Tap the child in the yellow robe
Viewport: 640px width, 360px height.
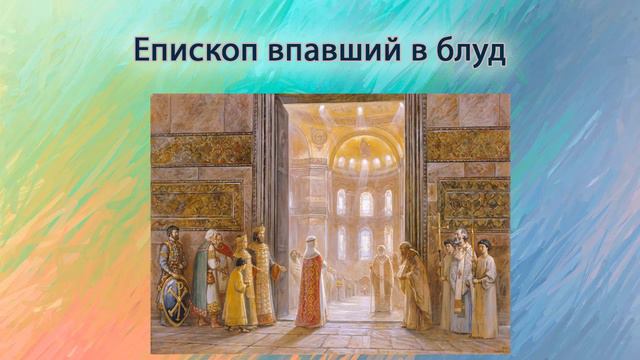[238, 294]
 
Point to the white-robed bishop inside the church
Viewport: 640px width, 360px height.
[380, 279]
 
